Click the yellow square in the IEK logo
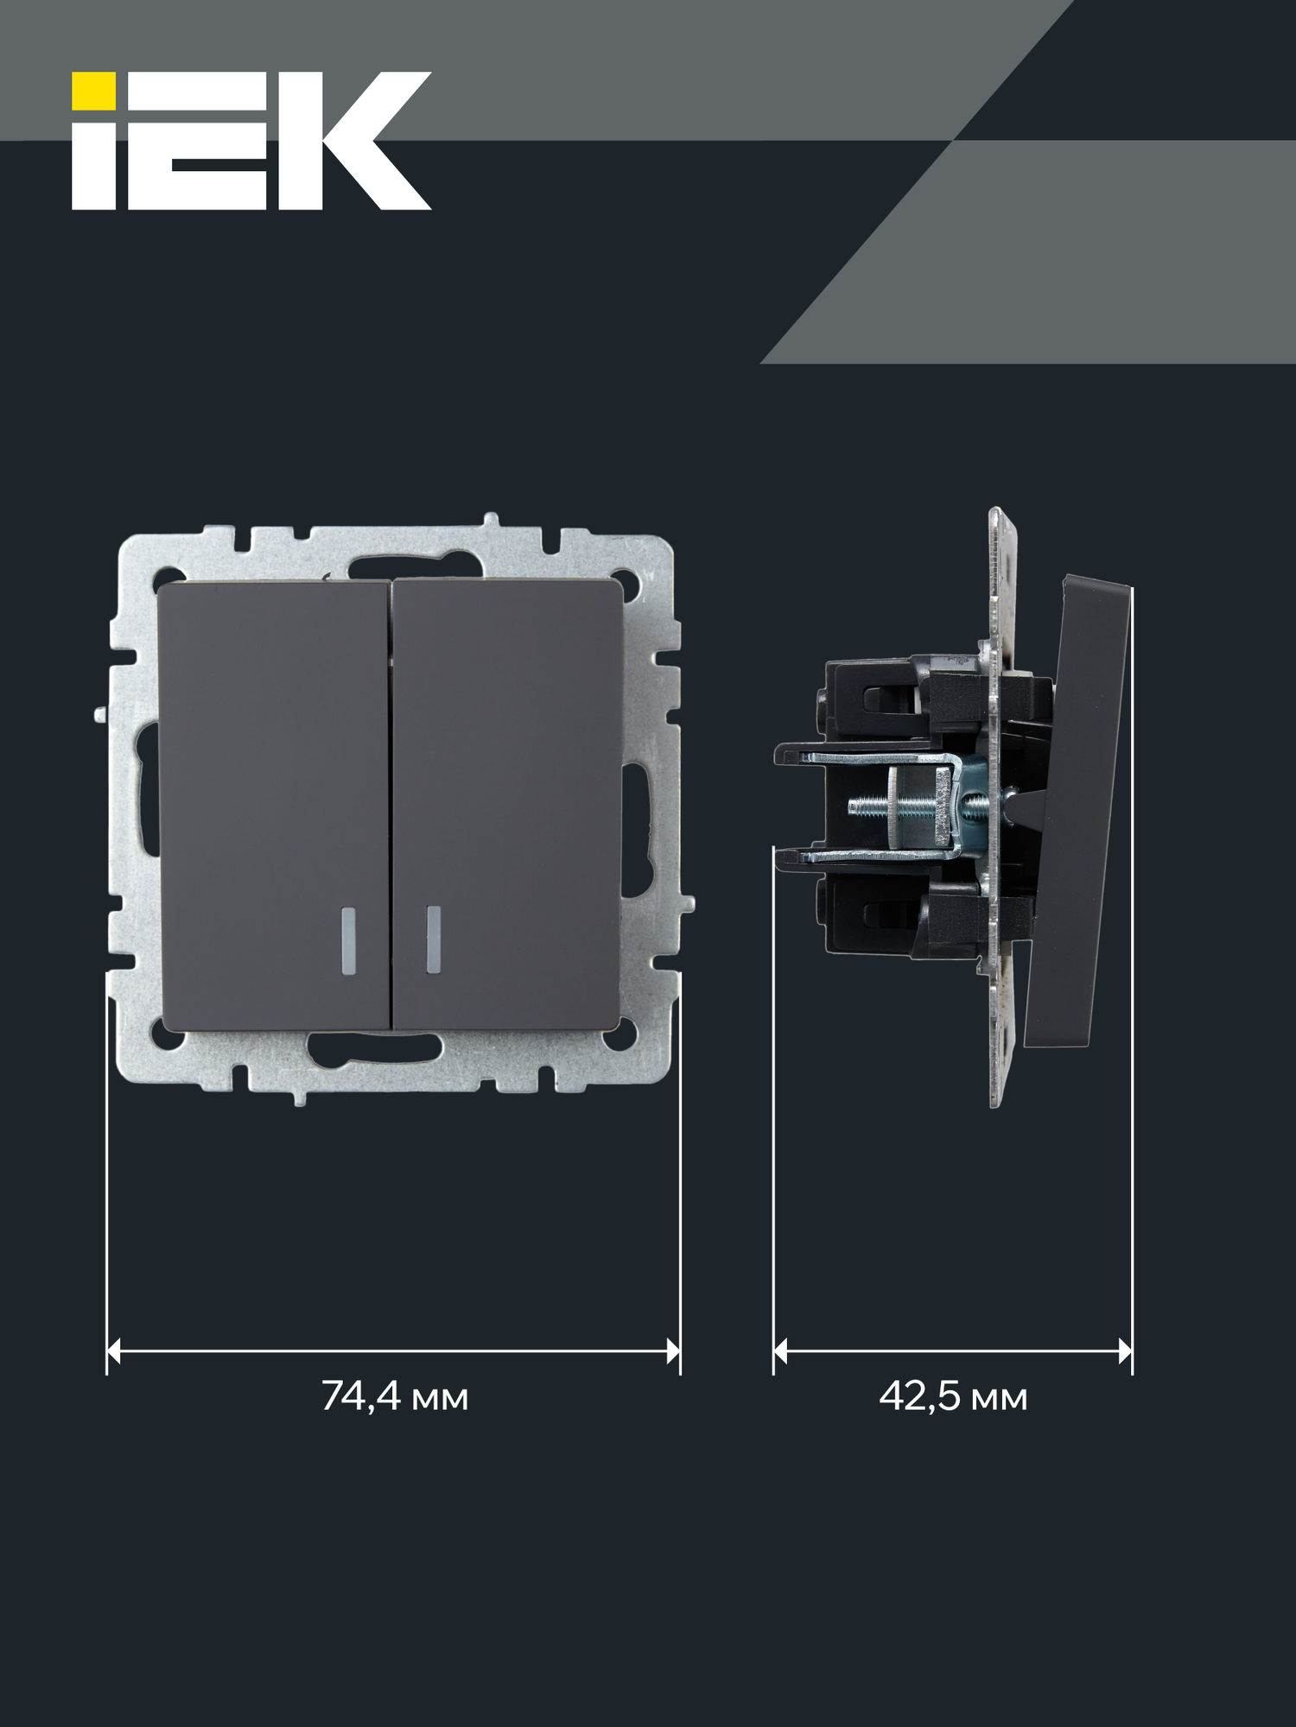tap(93, 92)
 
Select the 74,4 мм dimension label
tap(394, 1396)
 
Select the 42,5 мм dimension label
tap(953, 1396)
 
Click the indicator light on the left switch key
tap(348, 940)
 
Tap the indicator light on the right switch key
tap(433, 940)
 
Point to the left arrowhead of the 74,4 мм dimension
tap(114, 1351)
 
